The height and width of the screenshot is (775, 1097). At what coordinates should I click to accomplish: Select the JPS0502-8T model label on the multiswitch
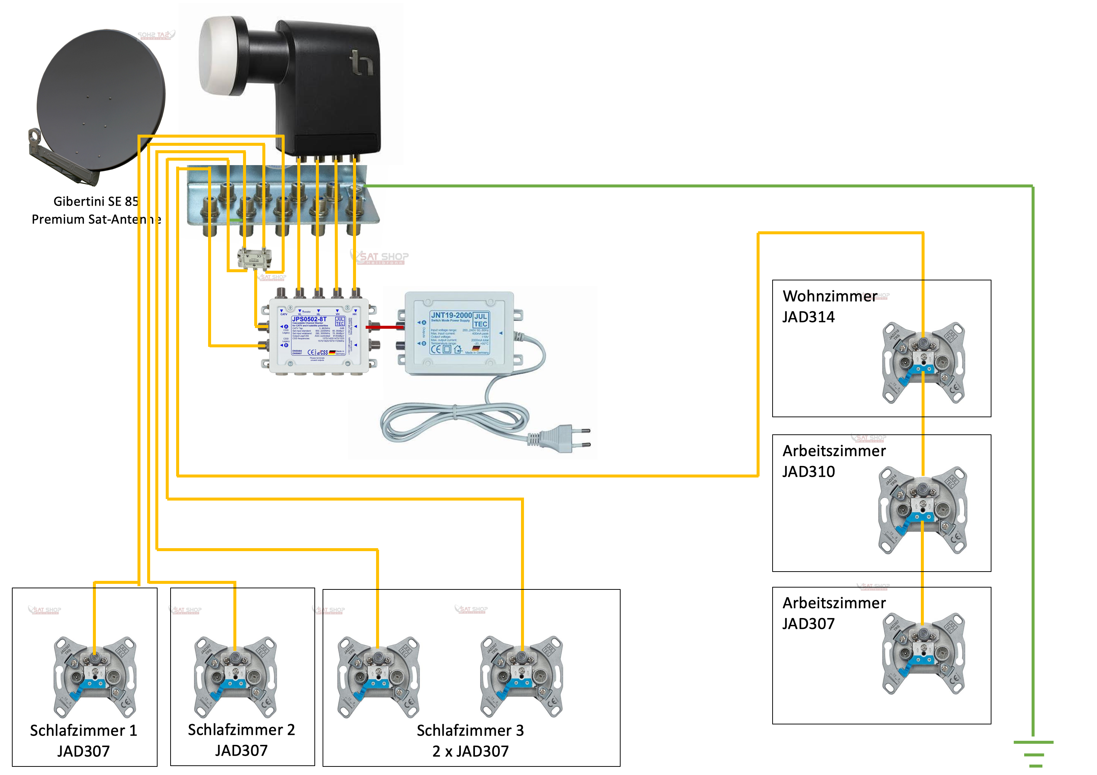(309, 319)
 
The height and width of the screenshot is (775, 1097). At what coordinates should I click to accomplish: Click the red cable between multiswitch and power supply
(384, 327)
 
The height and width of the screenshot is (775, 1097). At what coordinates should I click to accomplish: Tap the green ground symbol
(1033, 753)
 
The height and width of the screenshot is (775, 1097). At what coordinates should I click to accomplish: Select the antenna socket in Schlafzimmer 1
(95, 676)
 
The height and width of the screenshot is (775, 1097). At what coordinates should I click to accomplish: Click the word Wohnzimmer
(829, 296)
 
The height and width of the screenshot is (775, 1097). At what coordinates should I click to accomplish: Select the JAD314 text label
(808, 317)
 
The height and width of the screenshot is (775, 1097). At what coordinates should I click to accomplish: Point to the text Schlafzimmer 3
(470, 730)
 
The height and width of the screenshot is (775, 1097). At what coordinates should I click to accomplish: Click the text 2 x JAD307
(470, 751)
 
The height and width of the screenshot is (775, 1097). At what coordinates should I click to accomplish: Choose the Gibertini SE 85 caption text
(96, 201)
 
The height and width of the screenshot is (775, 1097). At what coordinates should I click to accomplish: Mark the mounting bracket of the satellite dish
(62, 158)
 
